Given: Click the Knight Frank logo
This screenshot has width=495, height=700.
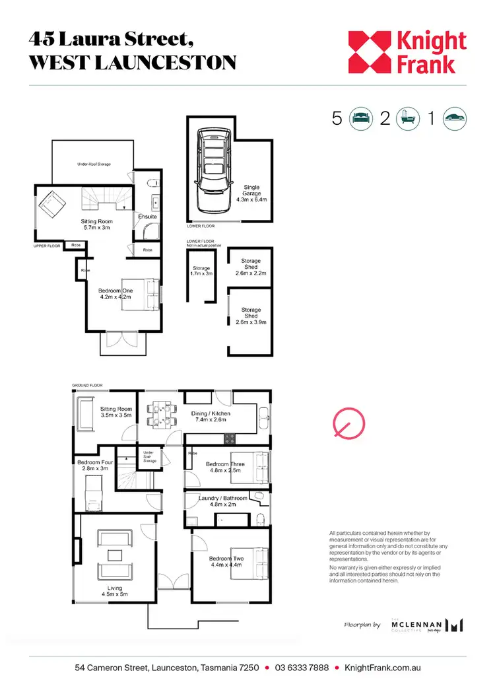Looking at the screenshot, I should click(x=407, y=52).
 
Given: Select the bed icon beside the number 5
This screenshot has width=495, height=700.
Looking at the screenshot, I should click(x=360, y=118).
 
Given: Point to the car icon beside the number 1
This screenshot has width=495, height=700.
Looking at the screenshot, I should click(x=455, y=118).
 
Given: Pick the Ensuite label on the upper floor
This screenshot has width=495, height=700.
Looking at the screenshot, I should click(x=147, y=216).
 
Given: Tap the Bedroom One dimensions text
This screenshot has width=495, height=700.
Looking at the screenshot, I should click(x=115, y=298).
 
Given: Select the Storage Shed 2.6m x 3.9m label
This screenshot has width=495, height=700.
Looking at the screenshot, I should click(x=251, y=316).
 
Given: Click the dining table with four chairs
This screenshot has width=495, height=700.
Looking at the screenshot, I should click(x=159, y=415).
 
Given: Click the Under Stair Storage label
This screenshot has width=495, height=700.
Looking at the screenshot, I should click(x=149, y=456).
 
